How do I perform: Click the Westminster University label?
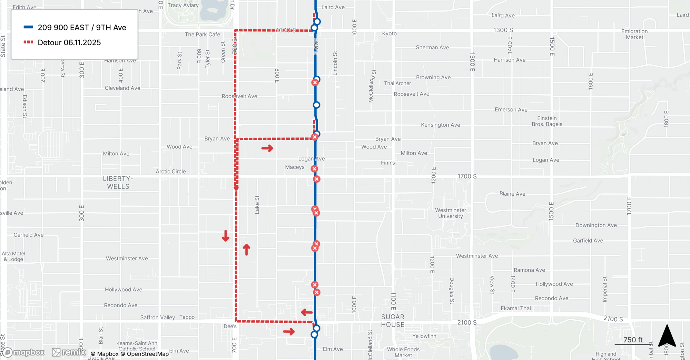[x=450, y=213]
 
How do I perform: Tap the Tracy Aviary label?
[x=183, y=5]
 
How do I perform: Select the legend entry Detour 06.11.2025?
[x=69, y=42]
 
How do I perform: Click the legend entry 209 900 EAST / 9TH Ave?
[x=82, y=28]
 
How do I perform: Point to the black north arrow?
[x=667, y=335]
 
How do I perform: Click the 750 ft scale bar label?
[x=633, y=340]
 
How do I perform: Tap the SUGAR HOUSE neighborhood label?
[x=393, y=321]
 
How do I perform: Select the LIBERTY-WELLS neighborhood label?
[x=118, y=183]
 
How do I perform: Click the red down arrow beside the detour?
[x=226, y=236]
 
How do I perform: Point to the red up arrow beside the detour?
[x=246, y=249]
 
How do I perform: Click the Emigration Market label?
[x=634, y=34]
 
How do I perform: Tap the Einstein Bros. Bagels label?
[x=547, y=121]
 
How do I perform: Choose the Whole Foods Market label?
[x=403, y=352]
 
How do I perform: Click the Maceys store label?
[x=295, y=167]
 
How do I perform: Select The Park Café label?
[x=202, y=35]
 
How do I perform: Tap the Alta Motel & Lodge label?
[x=13, y=256]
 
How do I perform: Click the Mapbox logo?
[x=24, y=352]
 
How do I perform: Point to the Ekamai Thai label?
[x=515, y=308]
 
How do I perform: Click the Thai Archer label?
[x=397, y=83]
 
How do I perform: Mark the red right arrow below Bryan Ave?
[x=267, y=148]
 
